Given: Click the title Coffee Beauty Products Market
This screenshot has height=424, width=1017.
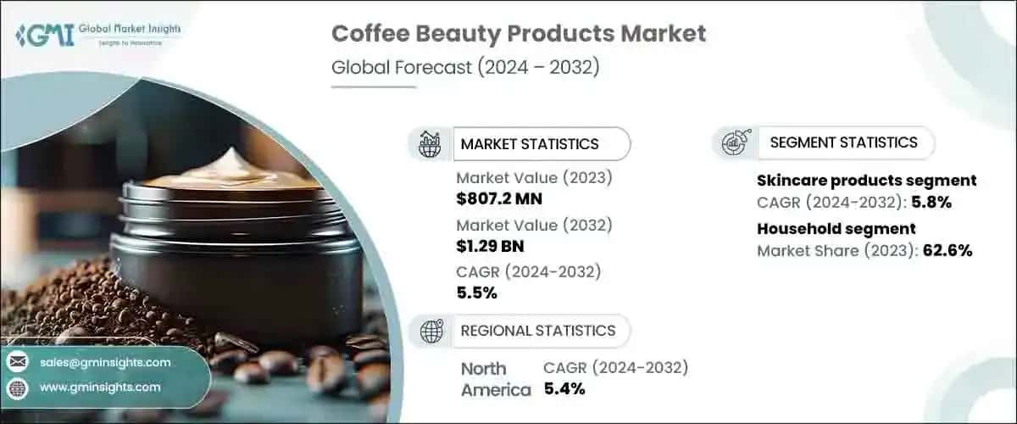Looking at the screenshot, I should coord(518,35).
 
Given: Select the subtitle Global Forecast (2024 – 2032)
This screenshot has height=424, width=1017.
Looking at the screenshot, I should coord(465,68).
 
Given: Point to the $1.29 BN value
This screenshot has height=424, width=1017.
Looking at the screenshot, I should coord(490,246).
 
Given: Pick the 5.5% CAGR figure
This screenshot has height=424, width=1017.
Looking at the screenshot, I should coord(476,293).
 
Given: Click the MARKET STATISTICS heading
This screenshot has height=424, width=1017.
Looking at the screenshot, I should coord(529,144).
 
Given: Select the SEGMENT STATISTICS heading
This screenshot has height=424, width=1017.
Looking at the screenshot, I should coord(843,142).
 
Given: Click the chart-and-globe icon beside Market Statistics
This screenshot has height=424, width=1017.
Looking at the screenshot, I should coord(430,144).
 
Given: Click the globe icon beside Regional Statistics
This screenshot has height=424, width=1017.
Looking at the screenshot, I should coord(430,331).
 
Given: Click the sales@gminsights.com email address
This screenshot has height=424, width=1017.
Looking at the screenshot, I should coord(105,362).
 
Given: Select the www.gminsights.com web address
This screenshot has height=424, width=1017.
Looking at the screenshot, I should coord(99,388).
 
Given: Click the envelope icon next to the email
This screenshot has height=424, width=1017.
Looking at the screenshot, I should coord(17,362).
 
